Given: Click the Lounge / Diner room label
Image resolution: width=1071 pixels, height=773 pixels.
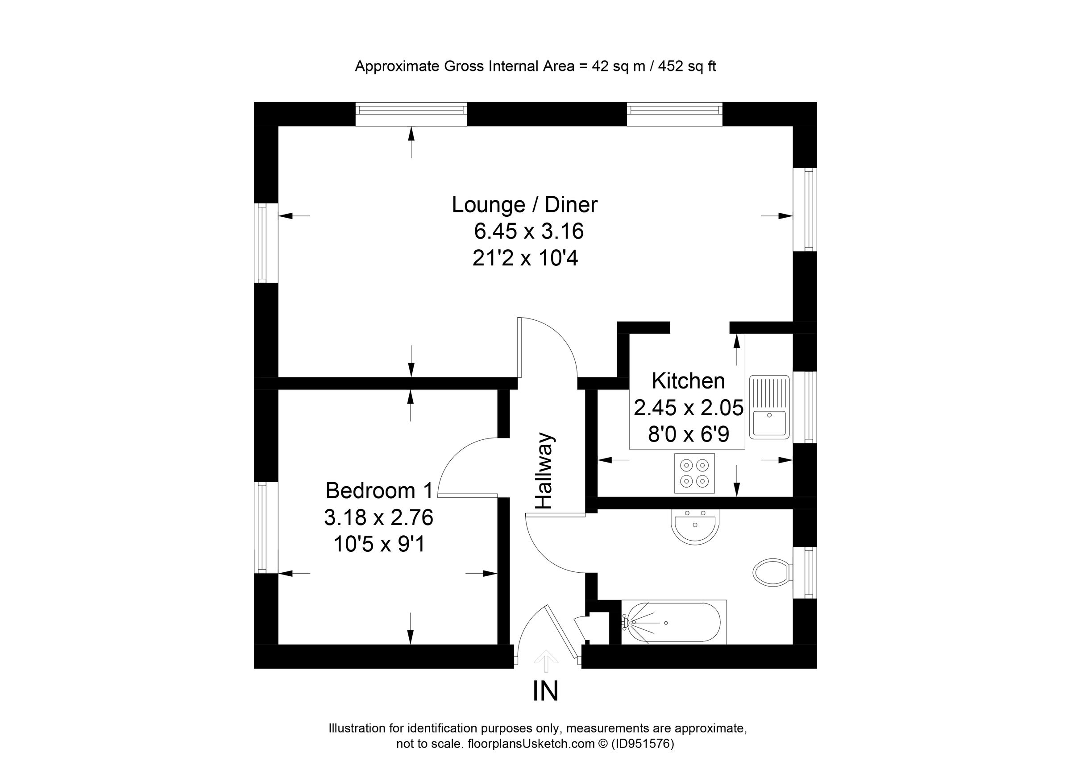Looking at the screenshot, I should (525, 205).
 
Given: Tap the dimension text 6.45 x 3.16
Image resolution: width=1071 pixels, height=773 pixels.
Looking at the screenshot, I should (529, 231).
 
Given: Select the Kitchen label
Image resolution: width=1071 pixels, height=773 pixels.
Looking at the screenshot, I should (688, 381).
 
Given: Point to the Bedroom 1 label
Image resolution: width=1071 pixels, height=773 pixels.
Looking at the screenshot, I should (379, 491).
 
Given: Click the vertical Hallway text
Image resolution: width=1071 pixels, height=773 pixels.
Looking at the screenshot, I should (544, 471).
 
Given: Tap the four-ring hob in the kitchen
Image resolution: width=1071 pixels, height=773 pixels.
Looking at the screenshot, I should (694, 473).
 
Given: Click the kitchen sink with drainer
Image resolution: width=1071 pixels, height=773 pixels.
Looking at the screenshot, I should (769, 407).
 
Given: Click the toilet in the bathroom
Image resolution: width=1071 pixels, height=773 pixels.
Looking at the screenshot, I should (772, 572).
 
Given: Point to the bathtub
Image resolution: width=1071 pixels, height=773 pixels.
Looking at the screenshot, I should (672, 623).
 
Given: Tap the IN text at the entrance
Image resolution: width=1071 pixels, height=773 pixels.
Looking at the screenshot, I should (545, 691).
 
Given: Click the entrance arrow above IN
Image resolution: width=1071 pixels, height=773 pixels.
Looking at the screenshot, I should (546, 660).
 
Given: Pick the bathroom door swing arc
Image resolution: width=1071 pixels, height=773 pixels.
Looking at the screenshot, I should (550, 547).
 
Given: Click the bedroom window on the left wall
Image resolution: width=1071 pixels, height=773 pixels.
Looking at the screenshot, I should (261, 527).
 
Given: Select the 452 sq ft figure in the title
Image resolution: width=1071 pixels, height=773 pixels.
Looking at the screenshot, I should (687, 66).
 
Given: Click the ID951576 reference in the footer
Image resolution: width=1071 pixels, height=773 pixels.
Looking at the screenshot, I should (642, 744).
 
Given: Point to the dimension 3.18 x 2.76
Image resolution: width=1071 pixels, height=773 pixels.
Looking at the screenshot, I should (379, 518).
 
